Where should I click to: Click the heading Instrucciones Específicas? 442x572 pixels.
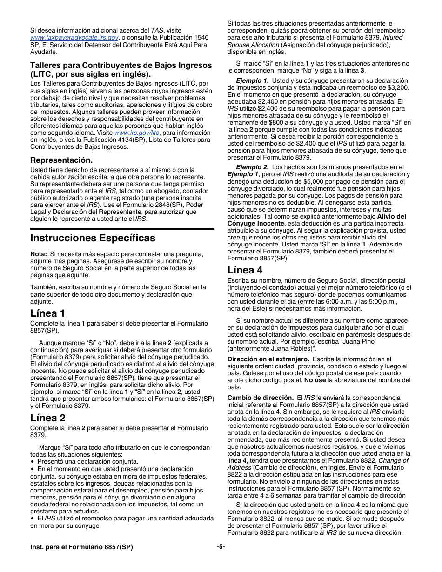pos(93,238)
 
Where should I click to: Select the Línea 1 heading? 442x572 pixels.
pos(47,313)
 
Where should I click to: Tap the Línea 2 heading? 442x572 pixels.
pos(47,418)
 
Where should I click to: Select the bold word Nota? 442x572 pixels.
pos(39,254)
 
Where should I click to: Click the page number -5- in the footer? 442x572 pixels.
pos(221,547)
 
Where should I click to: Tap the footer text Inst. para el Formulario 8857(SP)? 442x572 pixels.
pos(81,547)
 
